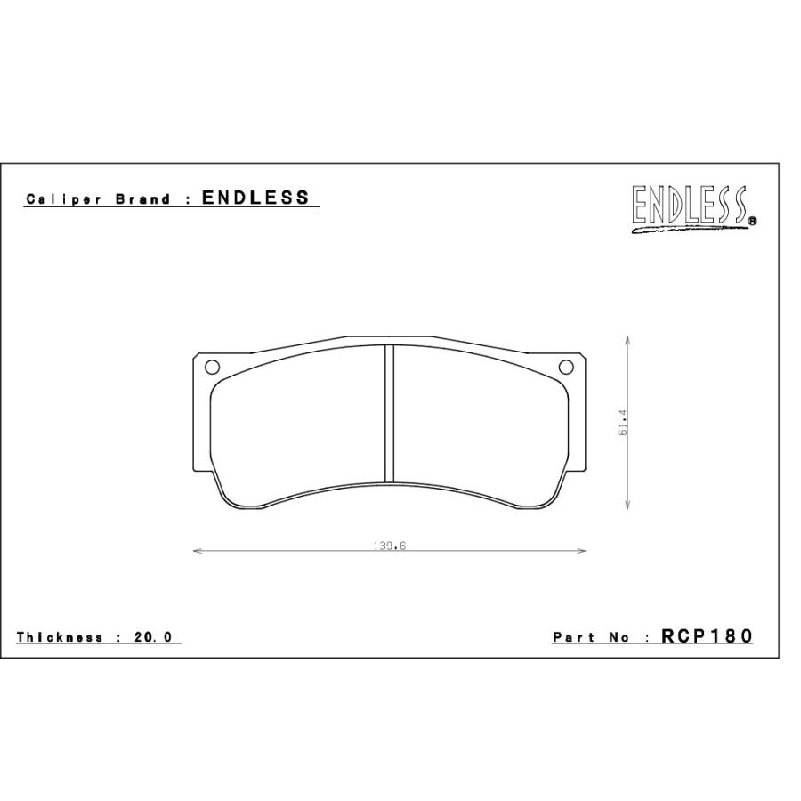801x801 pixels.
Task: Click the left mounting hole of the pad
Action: (212, 367)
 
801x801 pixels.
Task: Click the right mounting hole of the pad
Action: (566, 367)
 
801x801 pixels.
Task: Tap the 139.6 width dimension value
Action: (389, 546)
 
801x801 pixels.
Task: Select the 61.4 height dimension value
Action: (622, 423)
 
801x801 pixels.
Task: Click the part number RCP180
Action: (707, 636)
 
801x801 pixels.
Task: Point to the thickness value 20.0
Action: (153, 637)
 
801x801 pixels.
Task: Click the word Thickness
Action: (60, 637)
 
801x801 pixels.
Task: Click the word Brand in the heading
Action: (143, 199)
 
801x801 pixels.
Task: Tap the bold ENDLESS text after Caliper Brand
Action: (255, 198)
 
